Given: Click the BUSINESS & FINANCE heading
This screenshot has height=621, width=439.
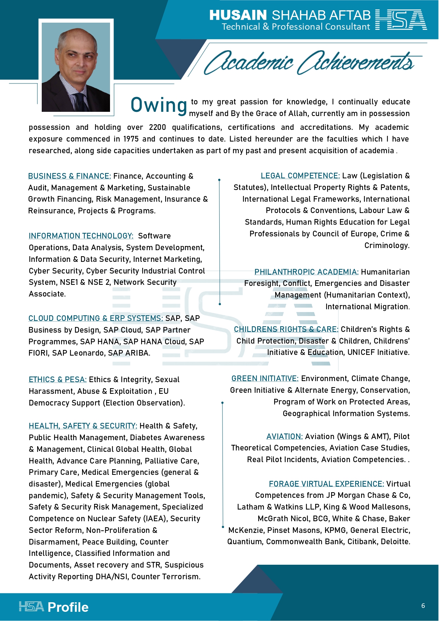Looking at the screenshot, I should [69, 176].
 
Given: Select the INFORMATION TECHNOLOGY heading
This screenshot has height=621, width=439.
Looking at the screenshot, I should [81, 236].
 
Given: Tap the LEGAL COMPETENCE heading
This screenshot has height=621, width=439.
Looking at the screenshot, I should [300, 176].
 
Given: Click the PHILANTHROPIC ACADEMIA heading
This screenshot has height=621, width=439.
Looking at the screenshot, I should [306, 272].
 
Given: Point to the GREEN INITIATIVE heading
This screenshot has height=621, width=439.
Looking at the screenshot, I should [265, 379].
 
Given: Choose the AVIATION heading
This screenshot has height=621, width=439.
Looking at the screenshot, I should [284, 437].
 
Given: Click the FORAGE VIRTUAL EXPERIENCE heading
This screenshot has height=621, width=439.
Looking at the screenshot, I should [326, 484].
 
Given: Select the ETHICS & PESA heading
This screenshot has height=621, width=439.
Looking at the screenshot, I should [58, 380].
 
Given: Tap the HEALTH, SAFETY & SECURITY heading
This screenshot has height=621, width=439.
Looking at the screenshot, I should [83, 426].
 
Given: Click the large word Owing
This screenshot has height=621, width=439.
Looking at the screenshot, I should [158, 105].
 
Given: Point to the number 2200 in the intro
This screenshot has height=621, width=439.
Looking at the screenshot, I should [157, 127].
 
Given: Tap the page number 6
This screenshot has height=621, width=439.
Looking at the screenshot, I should [423, 606].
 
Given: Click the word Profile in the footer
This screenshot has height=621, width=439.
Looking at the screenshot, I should [68, 607].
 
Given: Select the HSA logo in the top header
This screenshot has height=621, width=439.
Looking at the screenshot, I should [401, 20].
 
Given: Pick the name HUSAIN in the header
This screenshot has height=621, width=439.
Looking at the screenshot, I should [238, 15].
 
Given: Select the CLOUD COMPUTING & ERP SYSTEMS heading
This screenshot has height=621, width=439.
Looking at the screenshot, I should [96, 318].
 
